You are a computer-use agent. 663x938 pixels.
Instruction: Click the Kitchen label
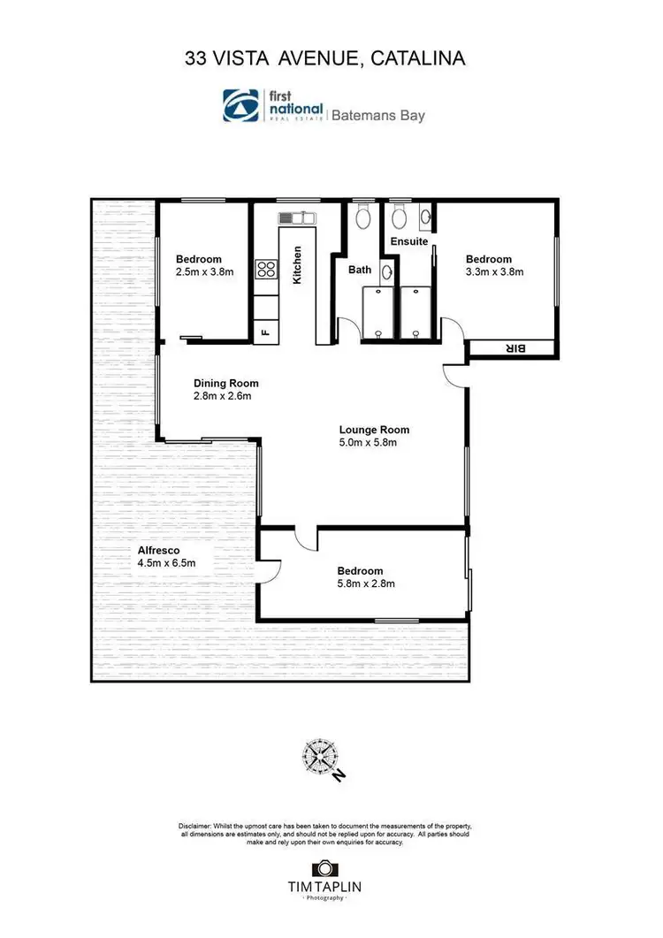coord(298,264)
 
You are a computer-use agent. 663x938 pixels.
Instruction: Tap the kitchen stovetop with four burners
coord(264,271)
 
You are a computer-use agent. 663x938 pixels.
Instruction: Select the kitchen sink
coord(292,217)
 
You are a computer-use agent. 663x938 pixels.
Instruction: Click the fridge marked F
coord(263,332)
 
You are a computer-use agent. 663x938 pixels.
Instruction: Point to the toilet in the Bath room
coord(362,217)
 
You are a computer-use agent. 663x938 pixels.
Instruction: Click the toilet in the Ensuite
coord(399,216)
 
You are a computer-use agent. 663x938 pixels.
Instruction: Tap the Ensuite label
coord(409,240)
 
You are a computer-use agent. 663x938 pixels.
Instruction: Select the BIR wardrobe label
coord(514,348)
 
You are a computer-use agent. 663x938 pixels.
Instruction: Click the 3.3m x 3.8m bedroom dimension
coord(495,272)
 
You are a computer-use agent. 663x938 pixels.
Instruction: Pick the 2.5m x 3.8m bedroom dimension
coord(204,272)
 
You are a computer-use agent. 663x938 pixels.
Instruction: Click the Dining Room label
coord(226,383)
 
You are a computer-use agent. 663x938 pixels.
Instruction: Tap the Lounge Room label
coord(374,431)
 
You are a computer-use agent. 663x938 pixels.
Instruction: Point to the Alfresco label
coord(159,549)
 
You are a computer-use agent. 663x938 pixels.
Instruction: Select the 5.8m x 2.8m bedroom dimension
coord(364,583)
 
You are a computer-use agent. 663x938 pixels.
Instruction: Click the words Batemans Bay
coord(377,115)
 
